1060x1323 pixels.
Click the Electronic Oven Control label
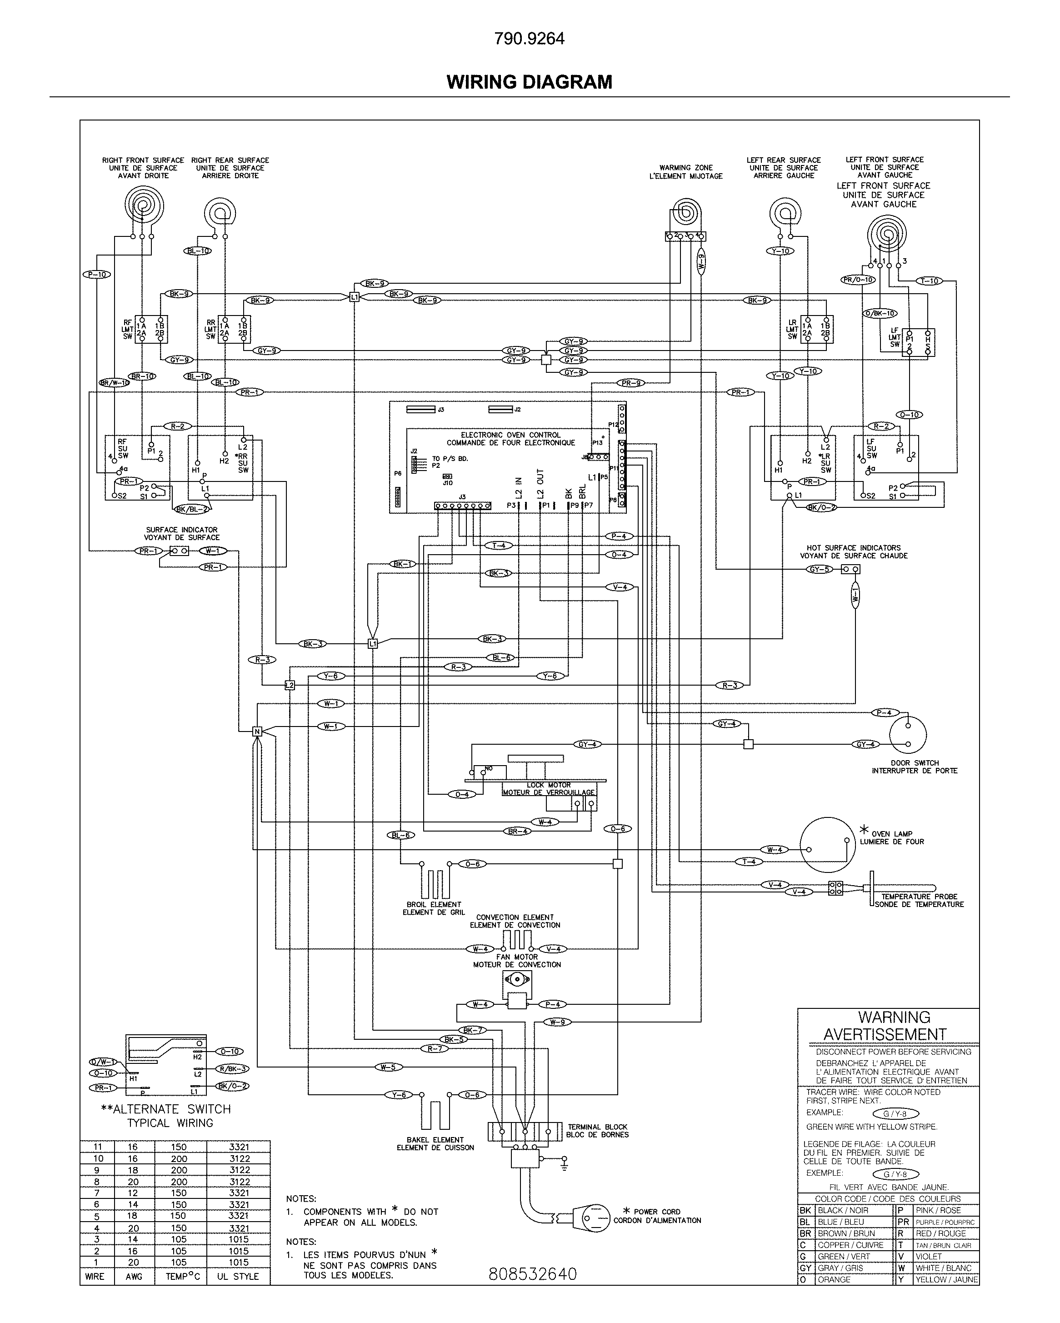coord(510,438)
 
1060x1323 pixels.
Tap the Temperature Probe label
coord(919,900)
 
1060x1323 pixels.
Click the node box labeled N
coord(257,732)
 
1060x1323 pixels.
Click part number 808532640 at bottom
coord(532,1274)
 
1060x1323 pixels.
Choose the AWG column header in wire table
coord(133,1276)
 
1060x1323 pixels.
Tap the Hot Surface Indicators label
coord(853,551)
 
